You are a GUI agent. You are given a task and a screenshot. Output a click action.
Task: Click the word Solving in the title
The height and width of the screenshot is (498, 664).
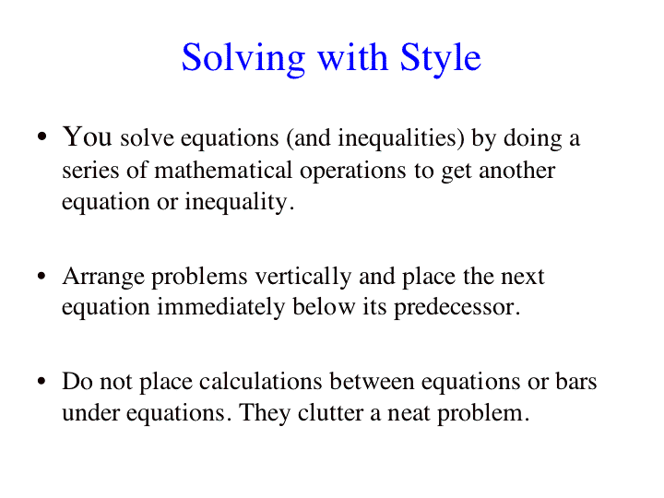[x=243, y=59]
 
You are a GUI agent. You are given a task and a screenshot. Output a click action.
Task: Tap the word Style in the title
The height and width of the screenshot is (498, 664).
[x=441, y=59]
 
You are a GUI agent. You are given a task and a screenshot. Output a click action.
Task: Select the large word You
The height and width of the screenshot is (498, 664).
[x=88, y=136]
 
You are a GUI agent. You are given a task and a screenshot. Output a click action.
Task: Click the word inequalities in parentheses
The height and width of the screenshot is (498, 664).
[x=397, y=138]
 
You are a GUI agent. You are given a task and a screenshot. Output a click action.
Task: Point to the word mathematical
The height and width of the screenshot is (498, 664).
[x=223, y=171]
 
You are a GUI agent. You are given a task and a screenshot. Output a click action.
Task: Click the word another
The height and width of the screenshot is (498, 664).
[x=516, y=171]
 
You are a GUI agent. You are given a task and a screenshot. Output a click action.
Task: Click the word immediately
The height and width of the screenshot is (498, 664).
[x=220, y=308]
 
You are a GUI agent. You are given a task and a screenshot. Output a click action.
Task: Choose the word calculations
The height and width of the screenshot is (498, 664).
[x=260, y=381]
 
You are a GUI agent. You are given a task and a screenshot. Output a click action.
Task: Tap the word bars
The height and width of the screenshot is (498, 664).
[x=575, y=381]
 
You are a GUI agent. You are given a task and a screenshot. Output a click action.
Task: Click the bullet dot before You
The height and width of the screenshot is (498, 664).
[x=41, y=136]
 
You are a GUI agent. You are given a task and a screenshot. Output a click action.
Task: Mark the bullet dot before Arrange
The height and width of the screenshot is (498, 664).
[x=41, y=276]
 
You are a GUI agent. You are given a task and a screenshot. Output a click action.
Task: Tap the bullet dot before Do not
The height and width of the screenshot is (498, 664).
[x=41, y=381]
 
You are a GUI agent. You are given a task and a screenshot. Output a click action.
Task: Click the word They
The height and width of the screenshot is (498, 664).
[x=265, y=413]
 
